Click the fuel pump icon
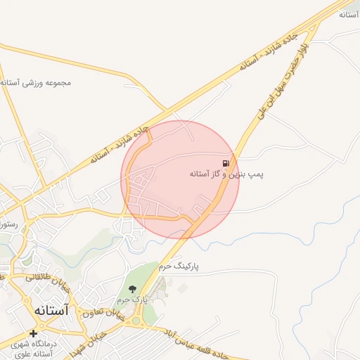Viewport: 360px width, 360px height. pyautogui.click(x=225, y=162)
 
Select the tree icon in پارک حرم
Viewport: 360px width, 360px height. pyautogui.click(x=131, y=288)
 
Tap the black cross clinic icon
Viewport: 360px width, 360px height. pyautogui.click(x=33, y=333)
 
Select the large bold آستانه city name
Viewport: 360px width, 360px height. pyautogui.click(x=51, y=309)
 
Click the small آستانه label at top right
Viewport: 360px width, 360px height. pyautogui.click(x=349, y=14)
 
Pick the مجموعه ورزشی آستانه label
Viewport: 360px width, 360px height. pyautogui.click(x=36, y=83)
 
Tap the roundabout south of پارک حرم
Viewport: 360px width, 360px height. pyautogui.click(x=136, y=321)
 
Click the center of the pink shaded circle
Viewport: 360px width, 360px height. pyautogui.click(x=181, y=179)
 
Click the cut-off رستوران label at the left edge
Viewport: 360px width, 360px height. pyautogui.click(x=11, y=226)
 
